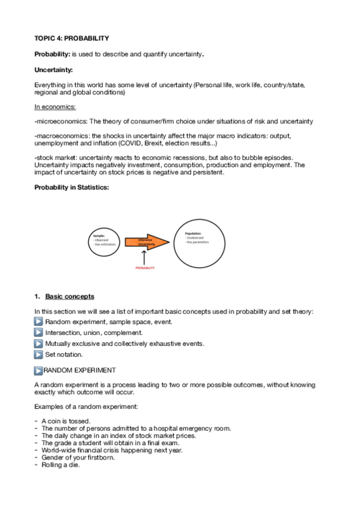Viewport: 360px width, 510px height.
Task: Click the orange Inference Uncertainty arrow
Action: click(146, 242)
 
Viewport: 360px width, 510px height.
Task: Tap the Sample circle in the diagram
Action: click(103, 241)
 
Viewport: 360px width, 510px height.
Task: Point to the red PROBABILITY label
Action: click(145, 268)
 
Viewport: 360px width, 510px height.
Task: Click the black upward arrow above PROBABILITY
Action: click(145, 257)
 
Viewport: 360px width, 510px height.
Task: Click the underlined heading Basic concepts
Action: click(70, 296)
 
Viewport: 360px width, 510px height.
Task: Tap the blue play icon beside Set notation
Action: click(39, 354)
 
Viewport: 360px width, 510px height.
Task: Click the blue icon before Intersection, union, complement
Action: click(39, 333)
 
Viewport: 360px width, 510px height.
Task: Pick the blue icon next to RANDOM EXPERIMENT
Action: click(39, 370)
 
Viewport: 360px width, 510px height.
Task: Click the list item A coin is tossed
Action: click(66, 420)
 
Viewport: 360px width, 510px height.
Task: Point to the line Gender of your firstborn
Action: click(77, 456)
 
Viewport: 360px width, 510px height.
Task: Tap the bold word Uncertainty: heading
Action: click(53, 70)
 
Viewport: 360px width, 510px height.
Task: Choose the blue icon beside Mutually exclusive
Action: click(39, 343)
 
